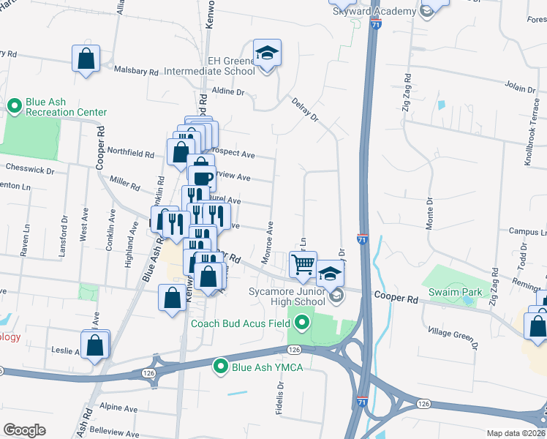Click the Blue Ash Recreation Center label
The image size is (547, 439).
66,107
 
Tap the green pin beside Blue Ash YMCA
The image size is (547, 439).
219,367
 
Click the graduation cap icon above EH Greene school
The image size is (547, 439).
267,53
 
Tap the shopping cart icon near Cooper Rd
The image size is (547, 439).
304,265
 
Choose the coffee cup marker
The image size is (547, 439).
202,177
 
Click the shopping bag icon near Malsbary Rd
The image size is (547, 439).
86,59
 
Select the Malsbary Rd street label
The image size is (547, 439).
137,72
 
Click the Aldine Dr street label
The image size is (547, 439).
227,92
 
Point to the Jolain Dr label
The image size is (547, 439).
520,88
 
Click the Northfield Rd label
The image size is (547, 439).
130,154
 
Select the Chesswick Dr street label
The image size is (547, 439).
29,170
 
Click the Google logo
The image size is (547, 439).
24,429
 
